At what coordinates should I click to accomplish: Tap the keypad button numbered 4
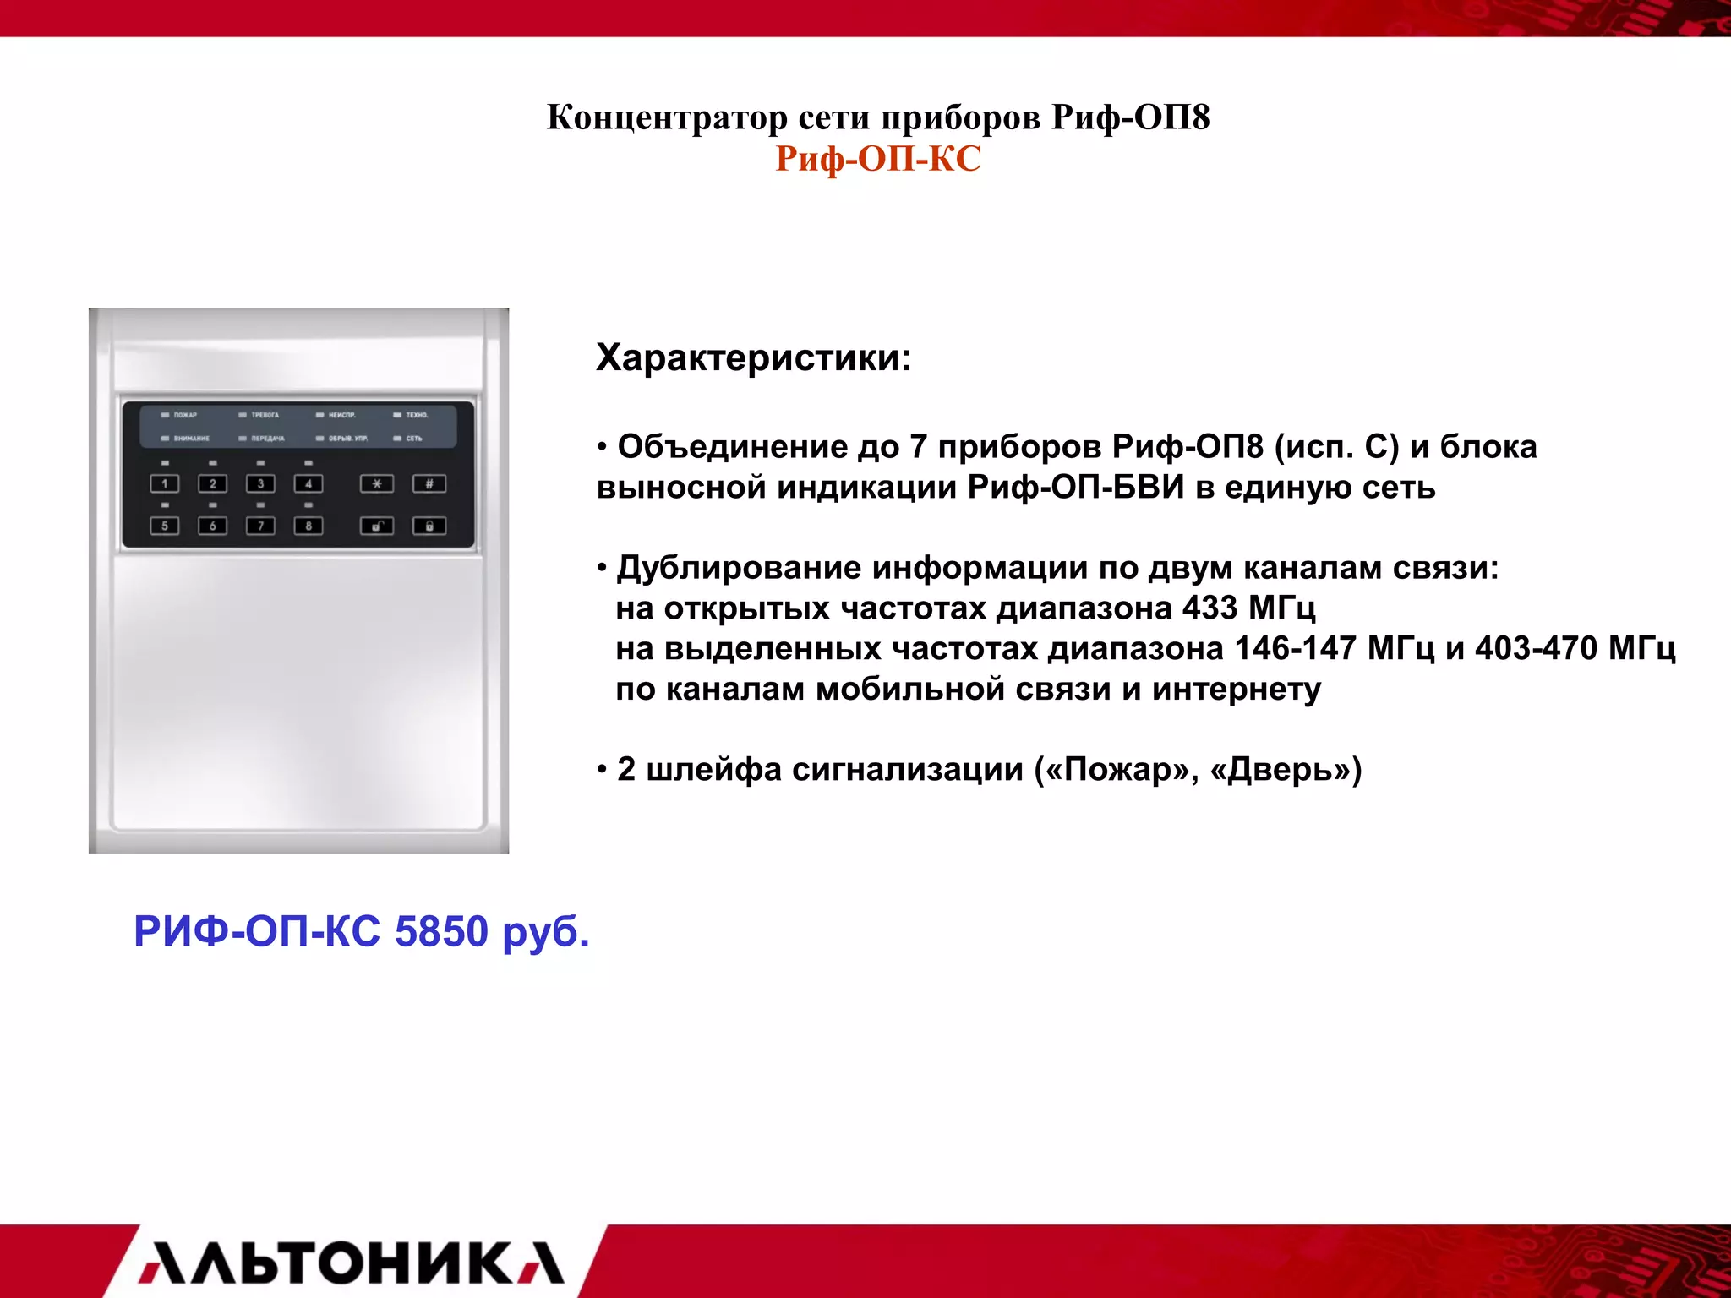[x=309, y=484]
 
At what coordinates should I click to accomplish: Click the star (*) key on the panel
[x=377, y=484]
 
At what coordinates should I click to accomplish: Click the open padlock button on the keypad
[x=377, y=526]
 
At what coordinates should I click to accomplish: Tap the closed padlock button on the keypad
[x=429, y=526]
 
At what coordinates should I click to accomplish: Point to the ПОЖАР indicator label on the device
[x=184, y=415]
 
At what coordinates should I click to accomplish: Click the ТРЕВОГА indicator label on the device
[x=264, y=415]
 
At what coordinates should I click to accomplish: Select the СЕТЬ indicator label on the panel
[x=413, y=439]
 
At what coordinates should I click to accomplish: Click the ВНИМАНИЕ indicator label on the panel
[x=191, y=439]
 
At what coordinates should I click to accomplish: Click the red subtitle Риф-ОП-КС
[x=878, y=159]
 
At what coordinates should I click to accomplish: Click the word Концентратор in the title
[x=667, y=117]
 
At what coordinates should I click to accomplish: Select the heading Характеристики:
[x=754, y=357]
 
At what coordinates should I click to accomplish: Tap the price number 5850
[x=441, y=931]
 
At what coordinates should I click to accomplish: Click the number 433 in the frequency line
[x=1210, y=608]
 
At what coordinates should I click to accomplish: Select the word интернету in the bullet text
[x=1236, y=690]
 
